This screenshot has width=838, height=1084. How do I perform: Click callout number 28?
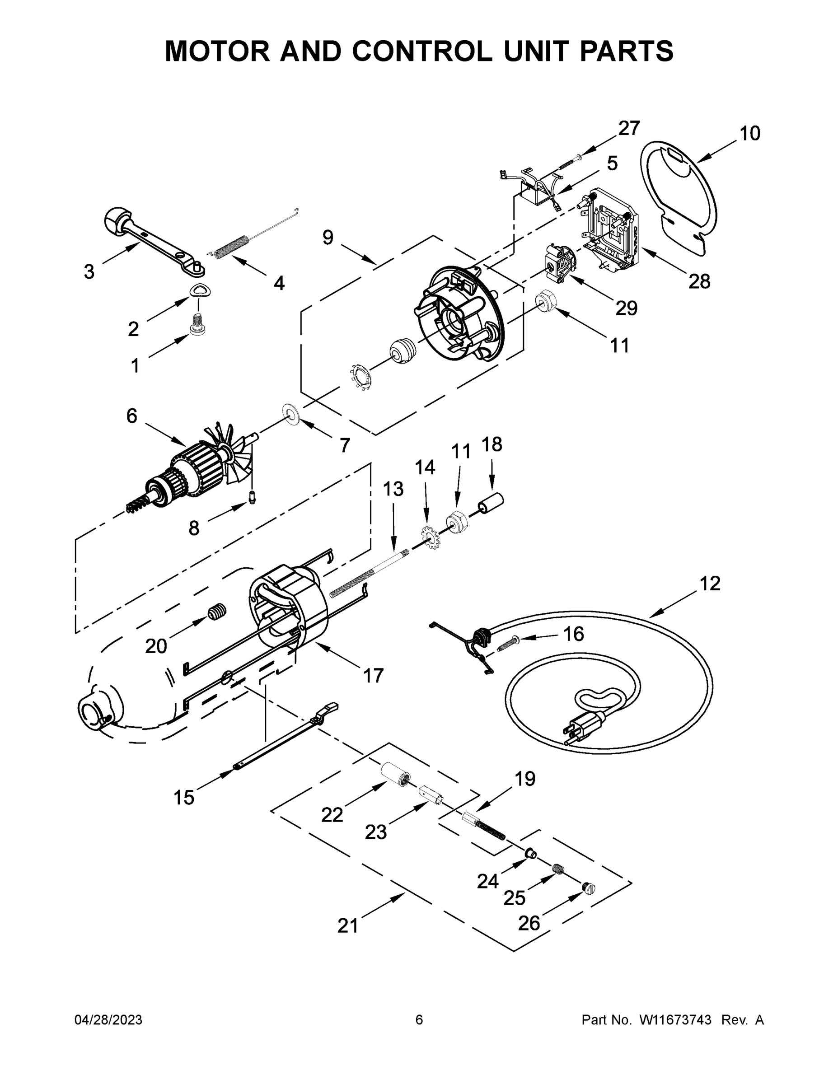699,281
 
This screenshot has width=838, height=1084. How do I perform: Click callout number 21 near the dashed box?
347,925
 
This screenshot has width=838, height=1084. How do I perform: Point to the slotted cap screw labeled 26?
588,888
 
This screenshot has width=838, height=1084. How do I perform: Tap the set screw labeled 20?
217,612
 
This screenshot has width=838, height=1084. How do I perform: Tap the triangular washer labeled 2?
199,290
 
